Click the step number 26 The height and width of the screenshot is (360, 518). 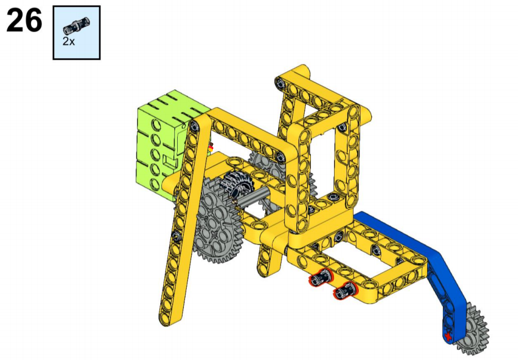pos(24,21)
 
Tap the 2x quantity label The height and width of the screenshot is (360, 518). pos(69,42)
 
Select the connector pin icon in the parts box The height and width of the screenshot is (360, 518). pos(77,25)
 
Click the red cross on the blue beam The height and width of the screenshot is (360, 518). pos(448,337)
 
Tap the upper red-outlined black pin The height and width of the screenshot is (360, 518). pos(321,278)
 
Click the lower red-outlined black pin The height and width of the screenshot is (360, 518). pos(345,290)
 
